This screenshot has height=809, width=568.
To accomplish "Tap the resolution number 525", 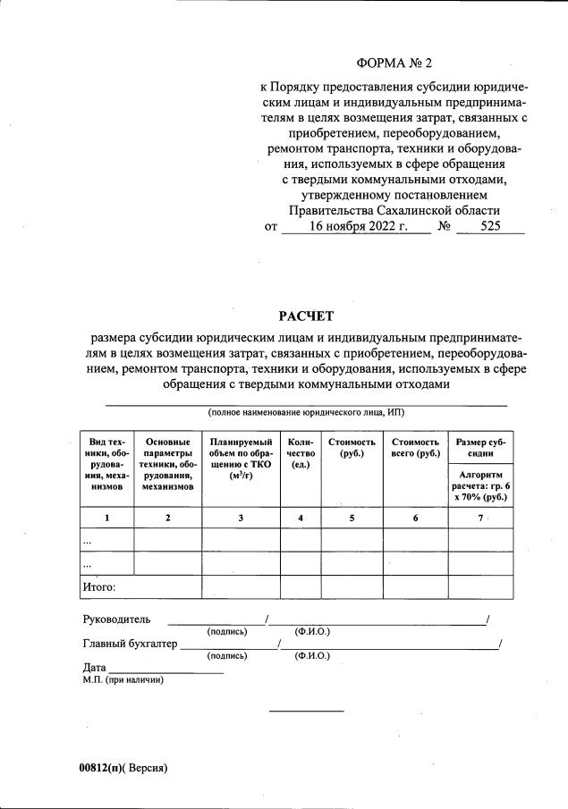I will pyautogui.click(x=490, y=227).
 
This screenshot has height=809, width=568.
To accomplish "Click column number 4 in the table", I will pyautogui.click(x=301, y=518).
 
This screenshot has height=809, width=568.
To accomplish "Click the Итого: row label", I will pyautogui.click(x=99, y=587).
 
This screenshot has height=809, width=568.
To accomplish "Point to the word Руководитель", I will pyautogui.click(x=116, y=619).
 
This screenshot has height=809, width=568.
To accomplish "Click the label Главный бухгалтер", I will pyautogui.click(x=130, y=643).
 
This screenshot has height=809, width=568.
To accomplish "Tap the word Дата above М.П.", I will pyautogui.click(x=94, y=668).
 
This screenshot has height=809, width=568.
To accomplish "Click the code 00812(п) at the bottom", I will pyautogui.click(x=100, y=768).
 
